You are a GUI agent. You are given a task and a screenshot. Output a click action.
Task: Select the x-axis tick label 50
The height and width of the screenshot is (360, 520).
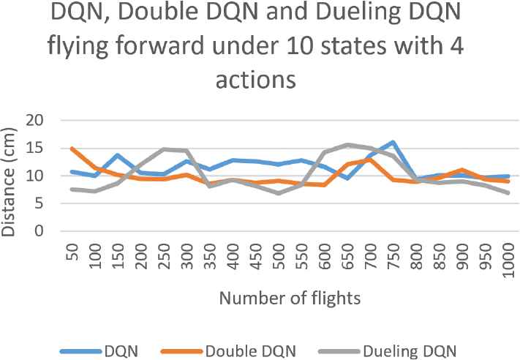73,254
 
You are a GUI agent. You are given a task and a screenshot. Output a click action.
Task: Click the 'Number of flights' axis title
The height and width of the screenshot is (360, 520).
288,298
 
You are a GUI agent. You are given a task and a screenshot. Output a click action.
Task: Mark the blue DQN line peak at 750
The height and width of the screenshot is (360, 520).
393,142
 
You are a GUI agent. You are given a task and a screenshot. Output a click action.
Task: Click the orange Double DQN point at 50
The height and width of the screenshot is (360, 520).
73,149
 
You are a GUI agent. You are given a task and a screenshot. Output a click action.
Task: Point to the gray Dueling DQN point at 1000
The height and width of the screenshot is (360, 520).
507,193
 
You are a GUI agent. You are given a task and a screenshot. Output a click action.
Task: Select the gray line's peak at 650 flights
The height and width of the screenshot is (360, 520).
347,145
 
